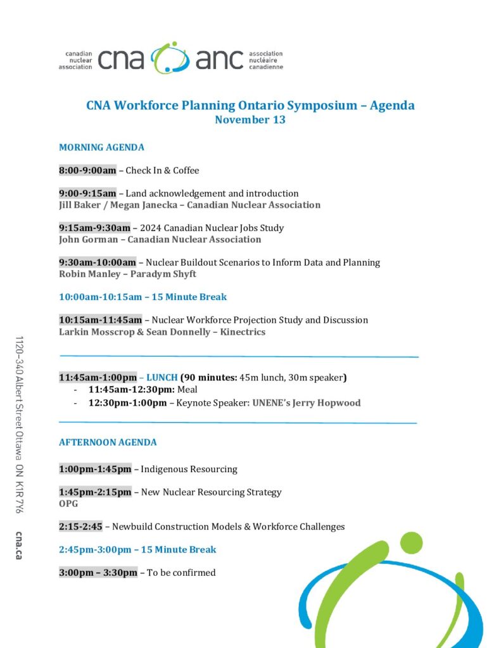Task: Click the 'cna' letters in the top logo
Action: (121, 59)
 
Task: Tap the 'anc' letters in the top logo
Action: (219, 59)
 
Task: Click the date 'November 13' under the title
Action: (250, 120)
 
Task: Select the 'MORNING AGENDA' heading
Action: (101, 147)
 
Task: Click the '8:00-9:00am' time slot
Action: (87, 170)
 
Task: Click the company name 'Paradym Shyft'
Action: (163, 274)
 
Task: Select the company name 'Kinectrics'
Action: (243, 332)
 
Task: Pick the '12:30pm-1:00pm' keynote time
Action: (127, 402)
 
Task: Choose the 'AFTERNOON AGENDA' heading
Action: (108, 442)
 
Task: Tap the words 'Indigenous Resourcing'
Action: (189, 469)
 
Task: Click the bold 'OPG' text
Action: (68, 504)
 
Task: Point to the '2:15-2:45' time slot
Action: (80, 526)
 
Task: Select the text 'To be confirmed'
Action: (181, 573)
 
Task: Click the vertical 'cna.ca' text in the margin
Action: (20, 544)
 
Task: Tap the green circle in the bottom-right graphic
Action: (412, 542)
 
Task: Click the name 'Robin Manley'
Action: (89, 274)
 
